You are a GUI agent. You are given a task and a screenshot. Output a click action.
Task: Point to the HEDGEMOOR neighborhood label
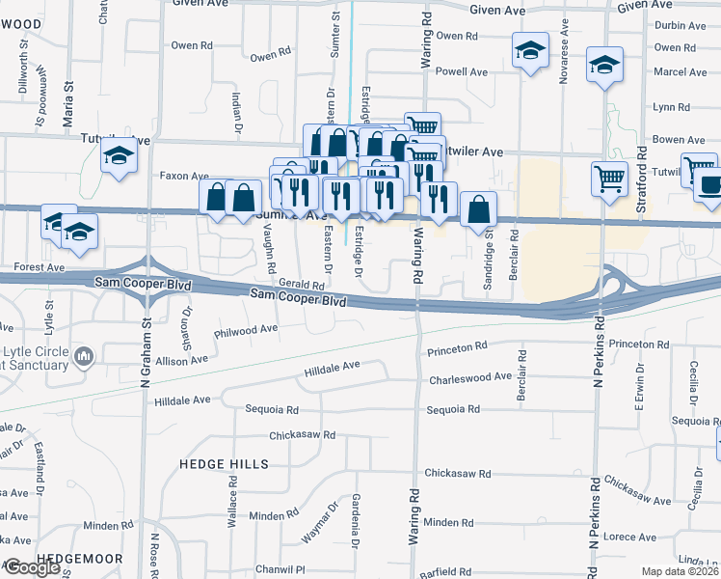(80, 559)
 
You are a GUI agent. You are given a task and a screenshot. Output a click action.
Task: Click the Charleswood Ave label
(470, 378)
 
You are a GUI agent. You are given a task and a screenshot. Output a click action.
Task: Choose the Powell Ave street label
(462, 71)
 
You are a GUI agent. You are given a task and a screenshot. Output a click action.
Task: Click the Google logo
(31, 567)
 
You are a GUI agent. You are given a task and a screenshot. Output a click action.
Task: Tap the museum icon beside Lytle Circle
(84, 358)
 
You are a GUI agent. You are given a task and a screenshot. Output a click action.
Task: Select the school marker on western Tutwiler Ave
(118, 154)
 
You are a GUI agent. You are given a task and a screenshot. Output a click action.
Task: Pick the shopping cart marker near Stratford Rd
(609, 179)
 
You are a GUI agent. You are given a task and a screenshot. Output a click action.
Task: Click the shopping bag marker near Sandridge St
(478, 208)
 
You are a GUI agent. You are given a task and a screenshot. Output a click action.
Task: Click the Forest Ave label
(40, 266)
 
